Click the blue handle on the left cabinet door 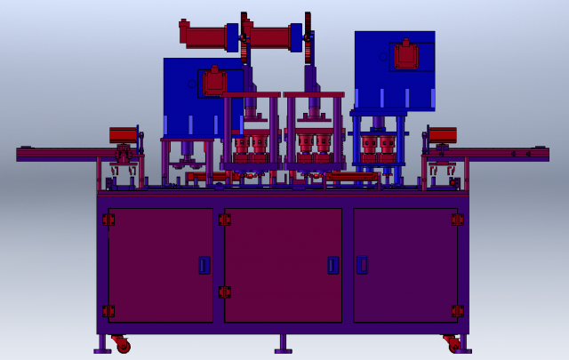pos(204,265)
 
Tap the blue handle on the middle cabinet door pos(333,265)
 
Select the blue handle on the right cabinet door pos(362,264)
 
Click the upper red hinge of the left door pos(108,220)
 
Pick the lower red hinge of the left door pos(108,311)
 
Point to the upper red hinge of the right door pos(457,220)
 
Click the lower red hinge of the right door pos(457,311)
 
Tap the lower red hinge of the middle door pos(225,292)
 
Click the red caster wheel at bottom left pos(122,345)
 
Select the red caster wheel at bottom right pos(454,345)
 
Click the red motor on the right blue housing pos(406,55)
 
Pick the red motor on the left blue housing pos(214,83)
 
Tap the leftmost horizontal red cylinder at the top pos(204,36)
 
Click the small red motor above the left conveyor pos(123,134)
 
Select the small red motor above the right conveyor pos(442,134)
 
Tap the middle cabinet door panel pos(283,265)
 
